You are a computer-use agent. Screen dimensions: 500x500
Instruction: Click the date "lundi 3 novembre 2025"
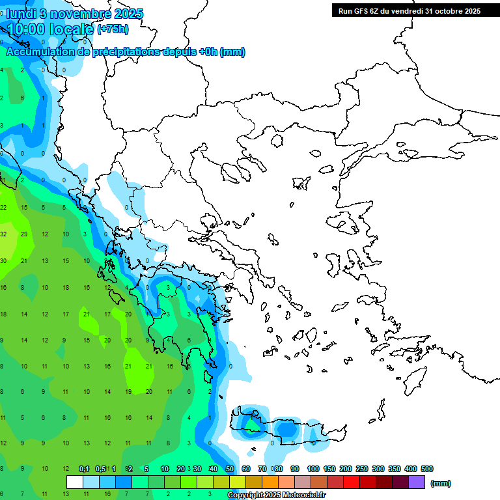[75, 14]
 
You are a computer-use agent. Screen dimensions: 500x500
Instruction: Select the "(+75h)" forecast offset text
[113, 29]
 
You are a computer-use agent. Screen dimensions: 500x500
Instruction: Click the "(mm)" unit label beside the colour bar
[441, 483]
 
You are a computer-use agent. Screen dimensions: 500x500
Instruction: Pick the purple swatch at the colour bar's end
[417, 482]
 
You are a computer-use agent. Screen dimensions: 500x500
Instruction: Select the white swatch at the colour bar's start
[75, 482]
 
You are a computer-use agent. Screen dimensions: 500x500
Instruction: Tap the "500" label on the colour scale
[427, 469]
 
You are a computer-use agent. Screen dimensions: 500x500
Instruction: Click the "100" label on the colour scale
[313, 469]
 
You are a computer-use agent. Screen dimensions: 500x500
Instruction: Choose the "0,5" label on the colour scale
[100, 469]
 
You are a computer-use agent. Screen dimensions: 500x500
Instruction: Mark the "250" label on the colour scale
[362, 469]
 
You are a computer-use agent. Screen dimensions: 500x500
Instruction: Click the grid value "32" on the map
[3, 234]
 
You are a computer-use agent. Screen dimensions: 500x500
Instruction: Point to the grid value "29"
[24, 234]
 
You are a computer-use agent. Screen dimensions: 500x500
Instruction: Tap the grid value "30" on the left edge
[3, 260]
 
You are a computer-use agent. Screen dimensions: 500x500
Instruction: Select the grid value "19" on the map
[128, 392]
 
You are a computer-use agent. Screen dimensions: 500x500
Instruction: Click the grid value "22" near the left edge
[3, 207]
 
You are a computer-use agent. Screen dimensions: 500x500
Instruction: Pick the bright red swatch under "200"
[352, 482]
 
